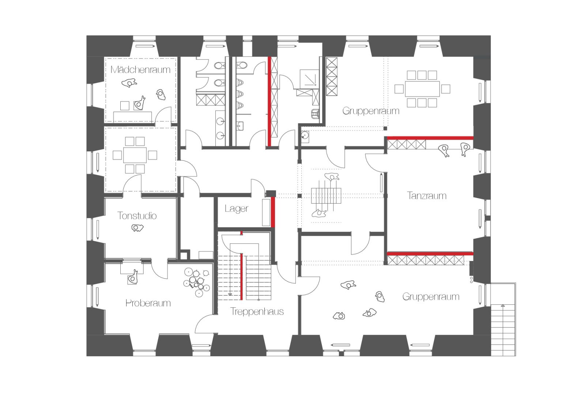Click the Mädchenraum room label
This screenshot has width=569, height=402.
tap(140, 69)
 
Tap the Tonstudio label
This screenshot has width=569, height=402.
tap(137, 216)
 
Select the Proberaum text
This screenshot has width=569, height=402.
tap(148, 303)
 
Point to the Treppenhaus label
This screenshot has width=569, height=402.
tap(257, 311)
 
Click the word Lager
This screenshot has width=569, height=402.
tap(237, 209)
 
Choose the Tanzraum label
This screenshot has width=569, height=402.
tap(427, 196)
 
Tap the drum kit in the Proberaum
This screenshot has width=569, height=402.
tap(197, 282)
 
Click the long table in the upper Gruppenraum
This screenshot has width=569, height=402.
tap(422, 89)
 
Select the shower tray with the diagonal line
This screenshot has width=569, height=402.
tap(309, 77)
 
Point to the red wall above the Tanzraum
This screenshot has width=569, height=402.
tap(430, 138)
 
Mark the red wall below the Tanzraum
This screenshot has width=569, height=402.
tap(430, 254)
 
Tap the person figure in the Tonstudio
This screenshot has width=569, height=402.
tap(137, 228)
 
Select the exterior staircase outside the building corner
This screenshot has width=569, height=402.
tap(503, 319)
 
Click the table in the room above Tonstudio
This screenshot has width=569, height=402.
tap(135, 155)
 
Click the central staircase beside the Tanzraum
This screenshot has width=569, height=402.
tap(326, 196)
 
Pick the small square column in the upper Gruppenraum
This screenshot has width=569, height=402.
tap(385, 128)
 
